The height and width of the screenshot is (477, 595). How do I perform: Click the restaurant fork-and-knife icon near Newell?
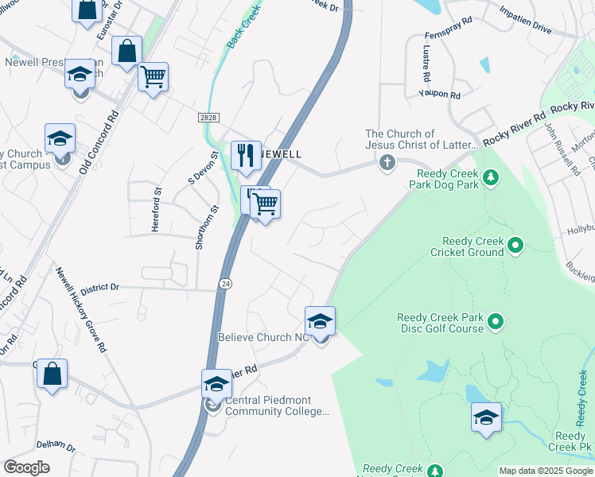(246, 155)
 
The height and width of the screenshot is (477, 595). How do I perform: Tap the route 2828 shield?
(208, 117)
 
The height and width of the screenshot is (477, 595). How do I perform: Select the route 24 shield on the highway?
(226, 283)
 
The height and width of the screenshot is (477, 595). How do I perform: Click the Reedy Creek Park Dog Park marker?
(491, 176)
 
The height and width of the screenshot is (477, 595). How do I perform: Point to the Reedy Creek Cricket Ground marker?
(515, 245)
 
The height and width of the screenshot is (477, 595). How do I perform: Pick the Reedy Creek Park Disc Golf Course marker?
(496, 322)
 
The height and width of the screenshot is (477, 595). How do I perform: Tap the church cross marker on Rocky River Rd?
(387, 164)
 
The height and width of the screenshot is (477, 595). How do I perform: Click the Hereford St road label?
(157, 210)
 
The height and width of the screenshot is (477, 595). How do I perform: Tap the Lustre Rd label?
(426, 64)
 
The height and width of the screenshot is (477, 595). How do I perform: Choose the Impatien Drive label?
(525, 21)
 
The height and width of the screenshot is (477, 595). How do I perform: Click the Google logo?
(26, 467)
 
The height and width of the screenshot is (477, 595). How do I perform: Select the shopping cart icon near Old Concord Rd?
(153, 78)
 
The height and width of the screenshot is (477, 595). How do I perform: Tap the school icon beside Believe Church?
(320, 321)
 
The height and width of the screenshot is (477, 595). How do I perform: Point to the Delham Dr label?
(55, 447)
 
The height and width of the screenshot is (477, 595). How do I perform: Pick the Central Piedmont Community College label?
(276, 405)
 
